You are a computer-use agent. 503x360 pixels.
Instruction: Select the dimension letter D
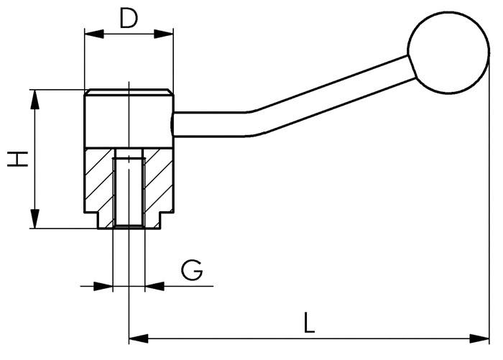tap(129, 18)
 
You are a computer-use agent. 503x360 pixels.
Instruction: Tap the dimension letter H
tap(19, 159)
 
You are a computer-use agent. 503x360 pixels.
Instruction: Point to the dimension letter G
tap(192, 271)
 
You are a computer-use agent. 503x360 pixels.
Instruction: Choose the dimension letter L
tap(309, 322)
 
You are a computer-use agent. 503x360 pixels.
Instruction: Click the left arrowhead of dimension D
tap(91, 33)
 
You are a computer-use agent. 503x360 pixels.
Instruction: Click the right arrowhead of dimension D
tap(167, 33)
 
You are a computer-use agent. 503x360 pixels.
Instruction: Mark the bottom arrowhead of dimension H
tap(34, 222)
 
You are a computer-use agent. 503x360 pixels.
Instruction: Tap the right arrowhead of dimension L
tap(483, 337)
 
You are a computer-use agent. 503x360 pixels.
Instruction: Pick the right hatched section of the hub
tap(158, 180)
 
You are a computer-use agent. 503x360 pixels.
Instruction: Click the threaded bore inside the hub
tap(129, 190)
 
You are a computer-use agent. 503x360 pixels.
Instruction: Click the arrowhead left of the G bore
tap(108, 286)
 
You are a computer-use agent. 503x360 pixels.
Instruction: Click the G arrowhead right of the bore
tap(151, 286)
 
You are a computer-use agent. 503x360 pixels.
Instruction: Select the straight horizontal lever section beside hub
tap(208, 124)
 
